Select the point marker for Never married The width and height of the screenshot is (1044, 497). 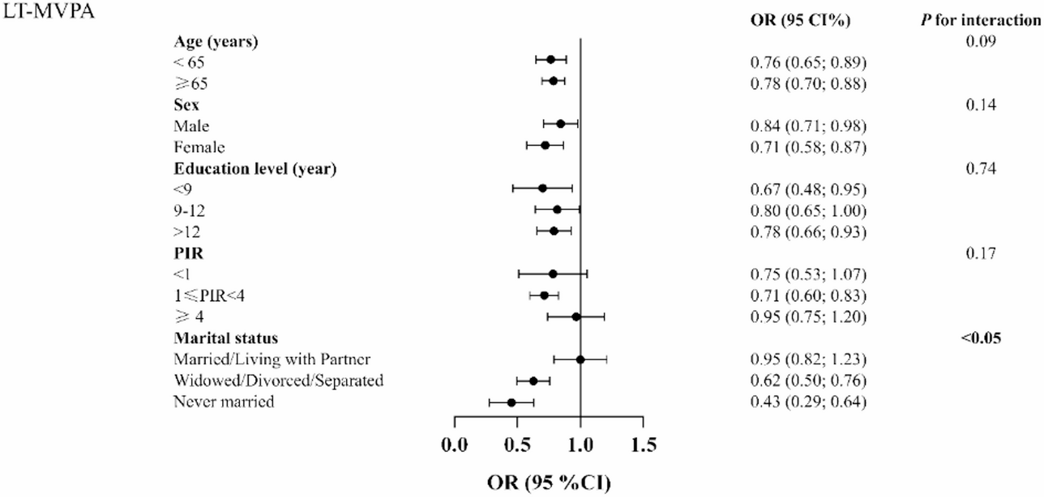[511, 402]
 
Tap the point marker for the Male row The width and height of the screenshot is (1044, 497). [560, 124]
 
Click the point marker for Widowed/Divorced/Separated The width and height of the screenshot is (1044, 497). [533, 380]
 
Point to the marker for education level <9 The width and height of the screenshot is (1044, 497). [542, 188]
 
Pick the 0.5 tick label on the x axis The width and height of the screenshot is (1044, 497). [516, 444]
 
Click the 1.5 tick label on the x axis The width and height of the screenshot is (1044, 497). [643, 444]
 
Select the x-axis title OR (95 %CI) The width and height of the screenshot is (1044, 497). [549, 482]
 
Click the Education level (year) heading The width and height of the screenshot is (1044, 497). [255, 168]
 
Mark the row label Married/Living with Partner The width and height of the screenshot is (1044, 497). [263, 359]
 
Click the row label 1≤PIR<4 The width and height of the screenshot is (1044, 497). [208, 295]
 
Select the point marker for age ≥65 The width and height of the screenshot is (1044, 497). [554, 81]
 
